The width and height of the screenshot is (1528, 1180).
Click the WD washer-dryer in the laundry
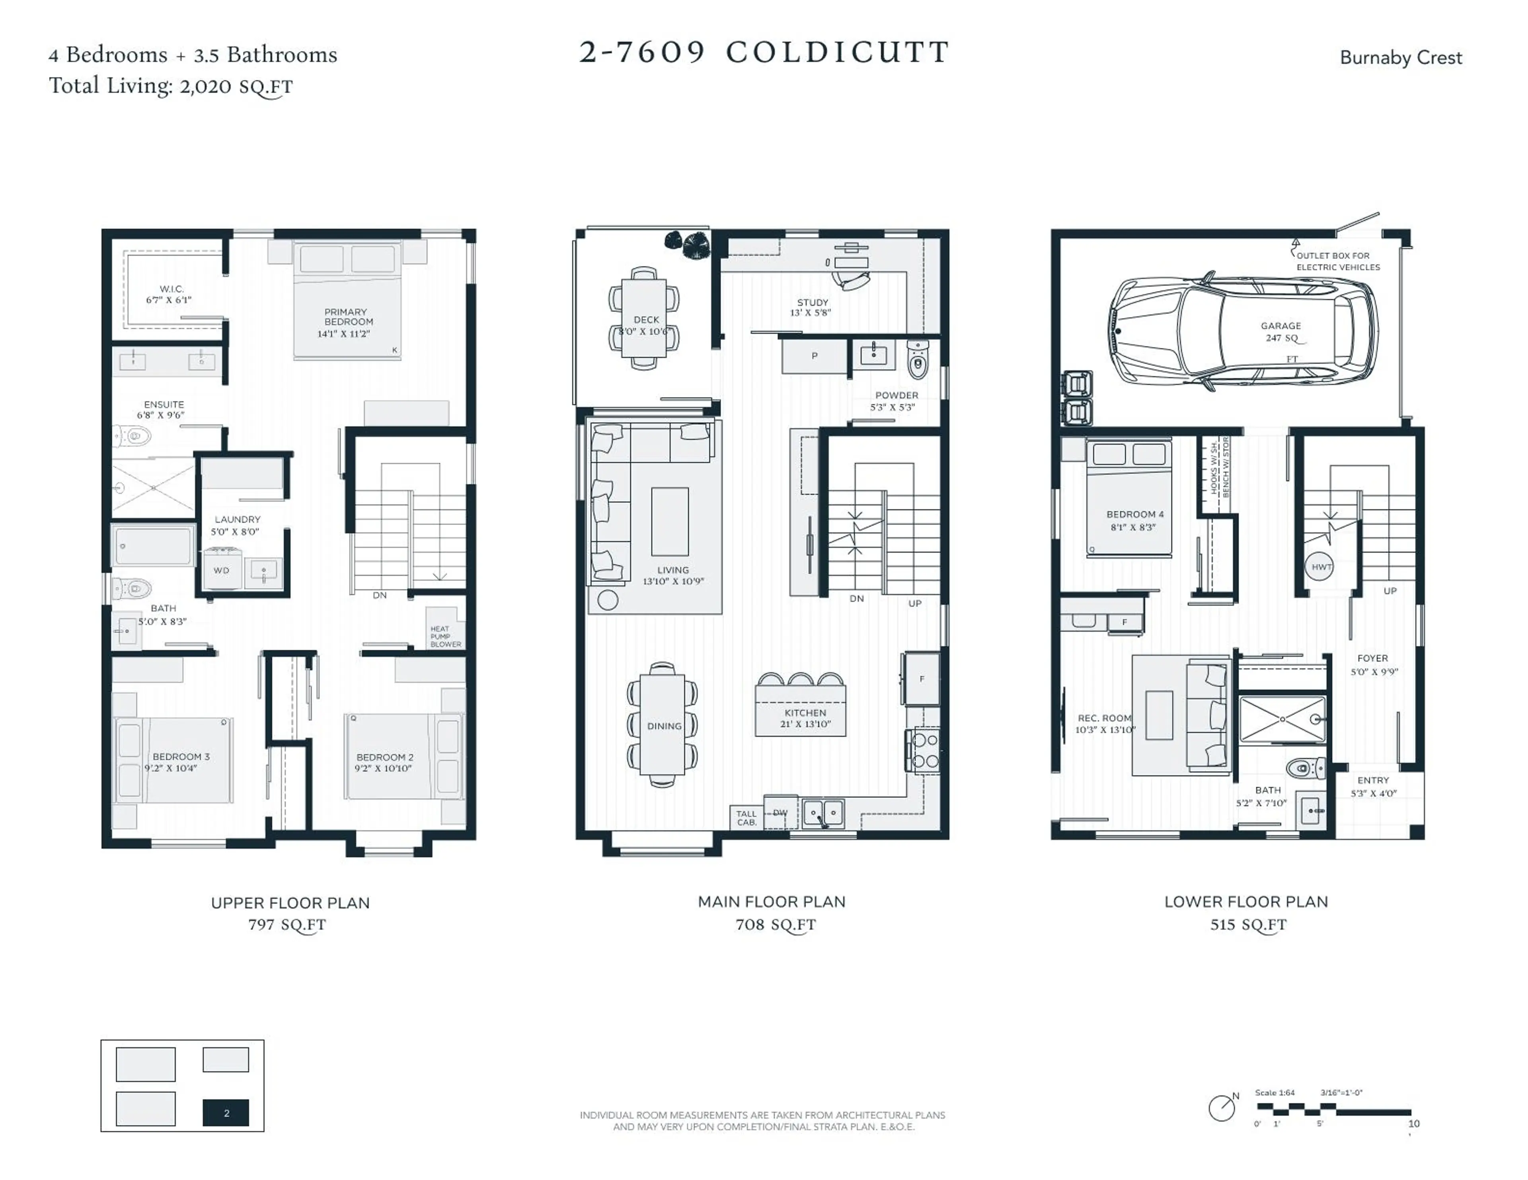pos(222,570)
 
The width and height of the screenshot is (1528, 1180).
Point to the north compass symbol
pos(1222,1108)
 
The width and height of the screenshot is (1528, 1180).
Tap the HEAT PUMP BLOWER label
pos(445,636)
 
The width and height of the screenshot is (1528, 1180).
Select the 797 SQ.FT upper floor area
pos(287,925)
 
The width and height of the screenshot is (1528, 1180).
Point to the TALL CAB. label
pos(746,818)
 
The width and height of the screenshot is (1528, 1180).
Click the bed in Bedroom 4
pos(1128,498)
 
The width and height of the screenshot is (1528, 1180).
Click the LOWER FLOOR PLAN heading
pos(1245,902)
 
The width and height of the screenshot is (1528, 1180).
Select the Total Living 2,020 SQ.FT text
pos(171,86)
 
